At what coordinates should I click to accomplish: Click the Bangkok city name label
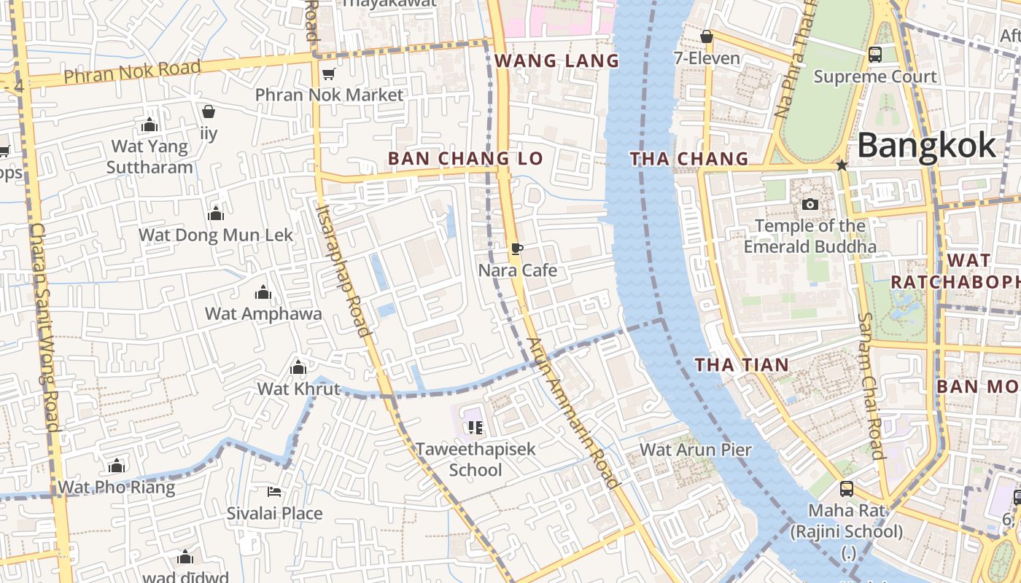[926, 146]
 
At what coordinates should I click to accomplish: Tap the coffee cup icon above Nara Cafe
[517, 249]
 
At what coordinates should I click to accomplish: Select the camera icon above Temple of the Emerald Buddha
[810, 204]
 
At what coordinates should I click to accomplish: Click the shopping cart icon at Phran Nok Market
[328, 74]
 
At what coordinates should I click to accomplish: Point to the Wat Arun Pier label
[696, 450]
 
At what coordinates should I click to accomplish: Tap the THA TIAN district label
[742, 365]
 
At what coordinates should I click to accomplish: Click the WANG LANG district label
[557, 61]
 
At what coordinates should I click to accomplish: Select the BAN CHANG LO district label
[465, 158]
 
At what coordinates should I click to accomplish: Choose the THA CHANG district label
[689, 158]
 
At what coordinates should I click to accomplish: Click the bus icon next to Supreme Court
[875, 55]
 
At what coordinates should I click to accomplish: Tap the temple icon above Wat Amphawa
[263, 293]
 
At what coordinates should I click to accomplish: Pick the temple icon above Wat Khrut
[298, 367]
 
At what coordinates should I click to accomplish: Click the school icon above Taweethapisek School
[475, 427]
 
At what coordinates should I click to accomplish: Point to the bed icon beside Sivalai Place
[274, 492]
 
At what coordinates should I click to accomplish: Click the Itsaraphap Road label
[343, 270]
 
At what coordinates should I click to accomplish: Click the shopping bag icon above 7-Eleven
[706, 36]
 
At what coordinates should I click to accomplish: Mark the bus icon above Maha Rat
[846, 488]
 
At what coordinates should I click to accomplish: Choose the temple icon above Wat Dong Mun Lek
[215, 214]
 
